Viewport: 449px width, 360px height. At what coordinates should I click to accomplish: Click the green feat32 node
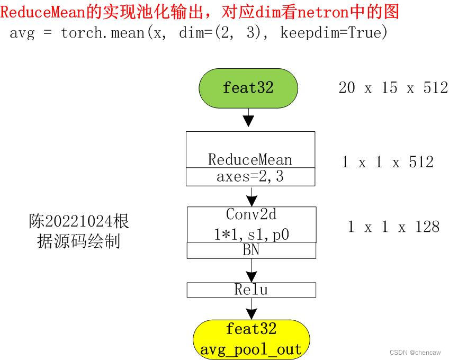(x=248, y=87)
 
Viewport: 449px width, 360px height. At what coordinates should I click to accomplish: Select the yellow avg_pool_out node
(x=251, y=339)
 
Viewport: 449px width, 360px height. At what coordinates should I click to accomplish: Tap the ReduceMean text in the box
(x=250, y=159)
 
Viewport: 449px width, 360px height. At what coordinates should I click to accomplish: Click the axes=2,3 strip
(x=250, y=177)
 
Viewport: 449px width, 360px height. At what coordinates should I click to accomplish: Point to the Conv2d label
(x=251, y=214)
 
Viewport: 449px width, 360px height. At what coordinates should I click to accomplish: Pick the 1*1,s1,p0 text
(x=251, y=233)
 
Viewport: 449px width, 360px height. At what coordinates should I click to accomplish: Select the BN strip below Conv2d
(x=251, y=250)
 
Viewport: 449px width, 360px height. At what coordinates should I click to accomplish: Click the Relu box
(x=251, y=290)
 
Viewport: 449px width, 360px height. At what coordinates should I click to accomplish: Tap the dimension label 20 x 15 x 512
(x=392, y=88)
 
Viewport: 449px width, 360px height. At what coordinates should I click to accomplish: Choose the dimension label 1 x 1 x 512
(x=387, y=162)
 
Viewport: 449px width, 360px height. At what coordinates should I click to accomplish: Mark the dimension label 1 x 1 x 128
(x=393, y=227)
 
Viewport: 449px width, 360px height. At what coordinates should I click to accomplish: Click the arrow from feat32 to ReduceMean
(x=248, y=118)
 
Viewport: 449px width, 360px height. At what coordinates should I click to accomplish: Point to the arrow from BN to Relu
(x=251, y=271)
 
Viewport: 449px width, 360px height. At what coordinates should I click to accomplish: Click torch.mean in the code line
(x=103, y=33)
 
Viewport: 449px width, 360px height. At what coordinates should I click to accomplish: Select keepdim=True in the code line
(x=334, y=33)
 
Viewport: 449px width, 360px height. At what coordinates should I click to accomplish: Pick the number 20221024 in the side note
(x=78, y=221)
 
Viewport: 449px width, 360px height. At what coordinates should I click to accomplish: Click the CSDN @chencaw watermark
(x=416, y=353)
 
